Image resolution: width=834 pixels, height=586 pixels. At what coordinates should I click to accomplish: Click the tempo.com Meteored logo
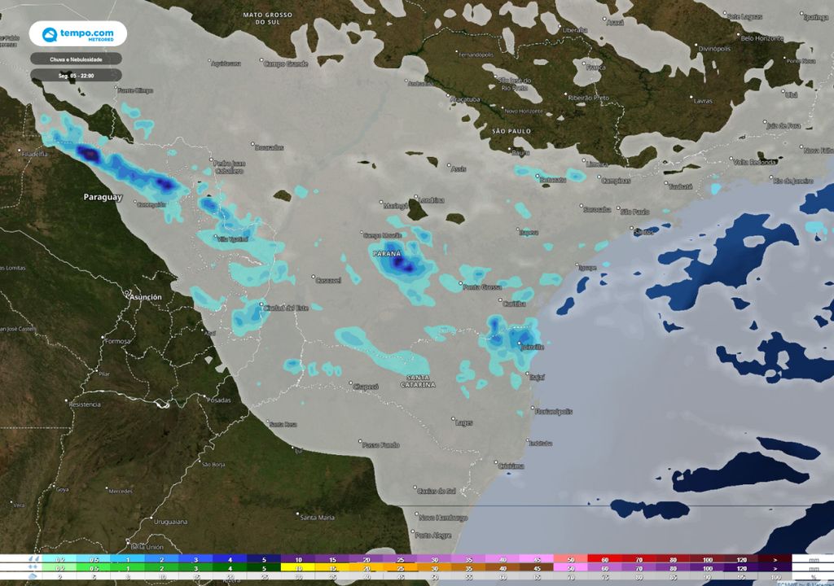[x=77, y=35]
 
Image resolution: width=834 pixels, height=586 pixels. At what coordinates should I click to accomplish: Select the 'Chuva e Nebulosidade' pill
[x=76, y=59]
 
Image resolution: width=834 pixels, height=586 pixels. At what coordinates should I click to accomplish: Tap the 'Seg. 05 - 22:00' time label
[x=76, y=75]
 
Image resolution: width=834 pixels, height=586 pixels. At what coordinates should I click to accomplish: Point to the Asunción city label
[x=144, y=298]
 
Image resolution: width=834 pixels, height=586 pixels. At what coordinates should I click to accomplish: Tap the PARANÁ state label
[x=386, y=254]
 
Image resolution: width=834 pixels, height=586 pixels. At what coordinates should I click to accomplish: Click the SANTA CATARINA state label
[x=421, y=380]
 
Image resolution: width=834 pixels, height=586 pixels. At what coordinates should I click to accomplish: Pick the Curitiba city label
[x=514, y=304]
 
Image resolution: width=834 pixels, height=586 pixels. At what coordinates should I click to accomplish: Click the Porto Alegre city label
[x=432, y=535]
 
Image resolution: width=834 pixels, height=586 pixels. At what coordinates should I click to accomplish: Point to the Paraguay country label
[x=103, y=198]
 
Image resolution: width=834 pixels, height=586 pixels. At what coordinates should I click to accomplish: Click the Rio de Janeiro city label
[x=794, y=180]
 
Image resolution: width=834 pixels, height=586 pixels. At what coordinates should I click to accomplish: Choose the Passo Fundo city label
[x=381, y=444]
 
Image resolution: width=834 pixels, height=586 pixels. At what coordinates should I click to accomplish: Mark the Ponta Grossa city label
[x=482, y=287]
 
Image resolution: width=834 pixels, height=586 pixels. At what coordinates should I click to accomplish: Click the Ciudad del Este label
[x=285, y=308]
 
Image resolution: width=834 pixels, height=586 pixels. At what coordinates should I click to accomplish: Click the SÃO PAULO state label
[x=511, y=130]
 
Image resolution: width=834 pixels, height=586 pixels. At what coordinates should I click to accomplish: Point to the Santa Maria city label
[x=318, y=518]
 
